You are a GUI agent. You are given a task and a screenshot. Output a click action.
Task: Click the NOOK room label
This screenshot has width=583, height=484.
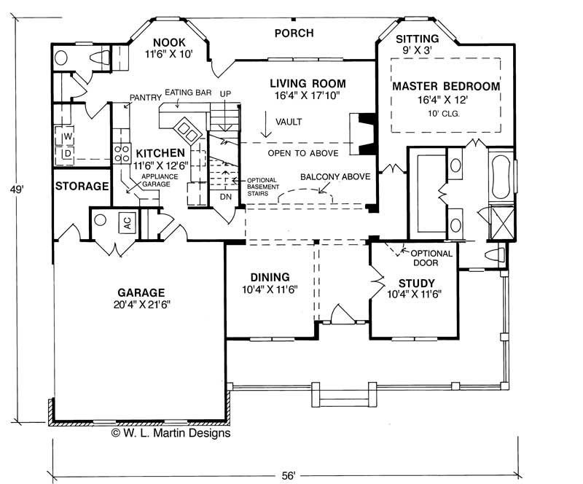point(169,42)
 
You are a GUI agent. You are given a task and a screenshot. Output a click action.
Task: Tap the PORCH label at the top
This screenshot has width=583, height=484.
point(294,33)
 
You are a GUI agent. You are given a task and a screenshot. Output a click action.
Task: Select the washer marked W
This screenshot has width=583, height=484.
point(66,136)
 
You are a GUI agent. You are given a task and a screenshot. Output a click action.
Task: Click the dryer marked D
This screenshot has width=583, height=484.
point(66,154)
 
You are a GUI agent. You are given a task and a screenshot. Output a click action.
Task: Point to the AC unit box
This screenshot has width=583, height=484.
point(127,223)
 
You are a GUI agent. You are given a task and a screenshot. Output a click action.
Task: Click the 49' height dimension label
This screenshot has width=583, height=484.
point(17,190)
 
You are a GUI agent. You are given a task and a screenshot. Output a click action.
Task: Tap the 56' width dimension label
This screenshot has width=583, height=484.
point(288,475)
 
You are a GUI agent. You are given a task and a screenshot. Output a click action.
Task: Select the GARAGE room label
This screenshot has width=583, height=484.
point(141,292)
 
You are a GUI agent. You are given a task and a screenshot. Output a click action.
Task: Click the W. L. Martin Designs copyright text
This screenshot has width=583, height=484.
point(171,433)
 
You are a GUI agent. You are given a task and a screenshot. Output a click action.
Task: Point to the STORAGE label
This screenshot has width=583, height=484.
point(82,186)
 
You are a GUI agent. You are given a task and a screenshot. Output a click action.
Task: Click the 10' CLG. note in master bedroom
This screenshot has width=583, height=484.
point(444,114)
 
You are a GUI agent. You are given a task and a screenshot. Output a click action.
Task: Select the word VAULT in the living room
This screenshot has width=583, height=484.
point(289,122)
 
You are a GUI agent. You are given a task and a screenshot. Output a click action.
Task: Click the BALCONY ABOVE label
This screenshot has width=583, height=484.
point(335,176)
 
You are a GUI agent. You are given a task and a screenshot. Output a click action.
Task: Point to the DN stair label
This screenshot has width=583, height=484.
point(226,197)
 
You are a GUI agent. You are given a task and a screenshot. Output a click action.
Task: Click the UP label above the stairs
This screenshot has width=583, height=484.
point(225,94)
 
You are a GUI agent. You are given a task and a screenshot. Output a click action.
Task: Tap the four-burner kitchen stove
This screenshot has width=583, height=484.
point(122,154)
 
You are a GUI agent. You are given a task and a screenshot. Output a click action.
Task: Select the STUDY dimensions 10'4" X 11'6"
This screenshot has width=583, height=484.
point(414,294)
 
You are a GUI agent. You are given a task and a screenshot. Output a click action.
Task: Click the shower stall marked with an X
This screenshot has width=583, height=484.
point(502,223)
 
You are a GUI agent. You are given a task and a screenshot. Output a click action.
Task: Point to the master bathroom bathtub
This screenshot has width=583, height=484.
point(500,177)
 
